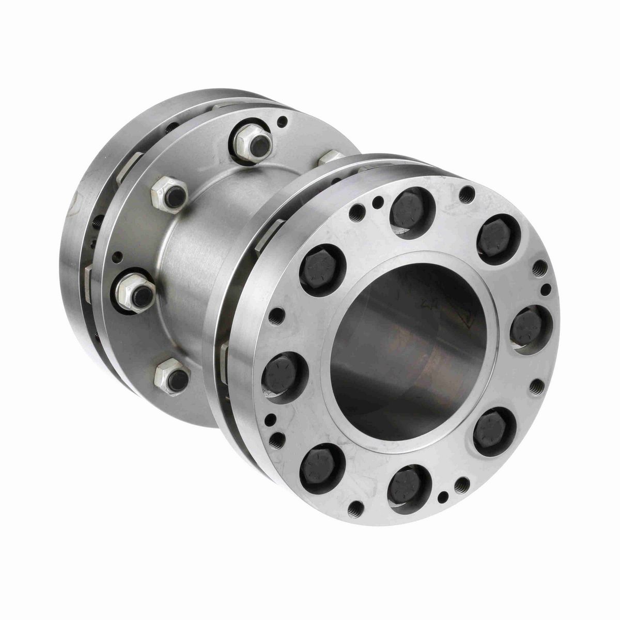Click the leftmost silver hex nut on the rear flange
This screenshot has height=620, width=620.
click(x=135, y=292)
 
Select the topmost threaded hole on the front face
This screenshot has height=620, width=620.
click(x=467, y=193)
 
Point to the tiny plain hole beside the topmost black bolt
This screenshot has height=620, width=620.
click(x=380, y=201)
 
